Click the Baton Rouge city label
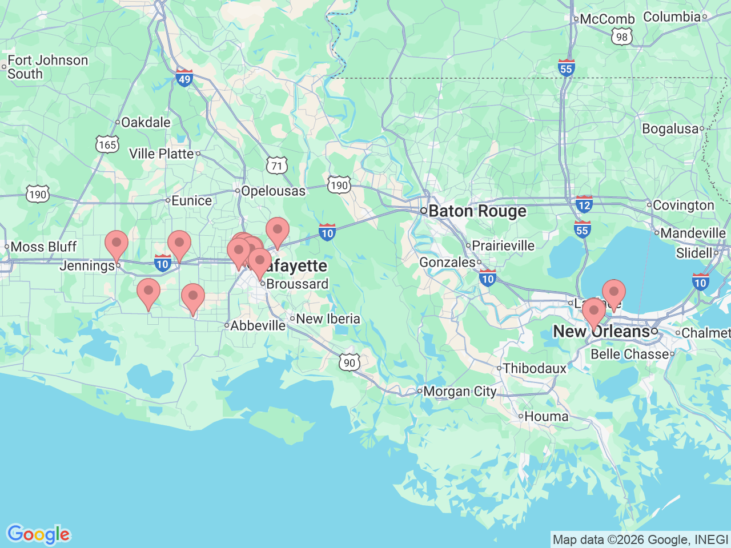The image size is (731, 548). pos(477,211)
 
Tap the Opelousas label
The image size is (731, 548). pos(273,191)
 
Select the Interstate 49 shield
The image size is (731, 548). pos(184,78)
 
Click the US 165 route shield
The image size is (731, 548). pos(107,144)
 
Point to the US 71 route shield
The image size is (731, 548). pos(277,166)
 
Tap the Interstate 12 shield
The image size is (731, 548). pos(584,204)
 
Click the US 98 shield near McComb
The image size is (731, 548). pos(621,37)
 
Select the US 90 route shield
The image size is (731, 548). pos(350,362)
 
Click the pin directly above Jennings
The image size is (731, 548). pos(117,244)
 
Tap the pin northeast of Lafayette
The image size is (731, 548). pos(278,231)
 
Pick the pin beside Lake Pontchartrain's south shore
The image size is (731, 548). pos(614,293)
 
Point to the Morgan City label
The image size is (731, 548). pos(460,392)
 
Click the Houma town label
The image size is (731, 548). pos(546,417)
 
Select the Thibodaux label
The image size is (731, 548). pos(535,369)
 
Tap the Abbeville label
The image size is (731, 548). pos(258,325)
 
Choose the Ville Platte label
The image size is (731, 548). pos(162,154)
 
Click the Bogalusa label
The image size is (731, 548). pos(670,129)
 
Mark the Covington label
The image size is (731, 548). pos(683,205)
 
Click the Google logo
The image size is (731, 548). pos(38,534)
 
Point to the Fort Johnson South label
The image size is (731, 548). pos(47,67)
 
